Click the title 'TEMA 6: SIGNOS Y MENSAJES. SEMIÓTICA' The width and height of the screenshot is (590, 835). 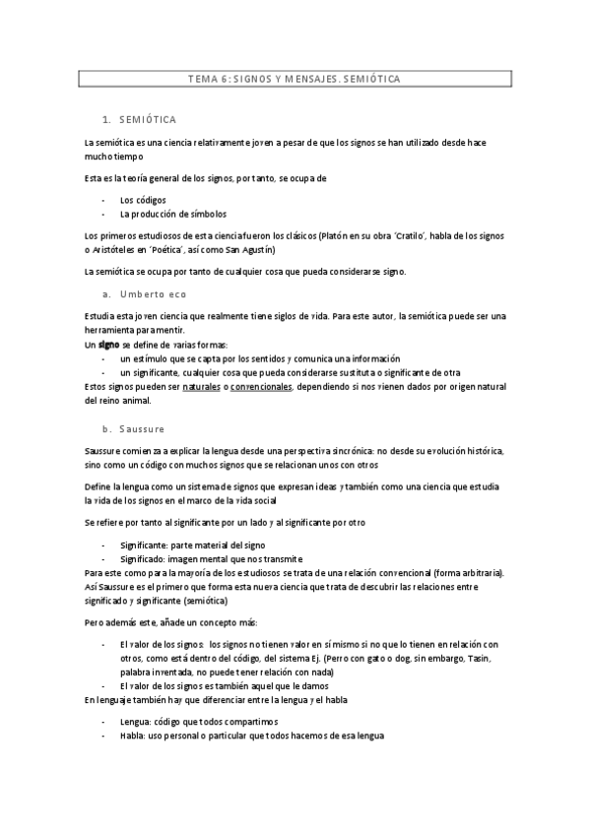click(x=295, y=79)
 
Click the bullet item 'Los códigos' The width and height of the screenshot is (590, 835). click(x=143, y=199)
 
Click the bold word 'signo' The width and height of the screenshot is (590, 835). click(x=108, y=346)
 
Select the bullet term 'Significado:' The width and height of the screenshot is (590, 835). click(x=146, y=558)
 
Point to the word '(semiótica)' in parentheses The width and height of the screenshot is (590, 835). click(x=203, y=600)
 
